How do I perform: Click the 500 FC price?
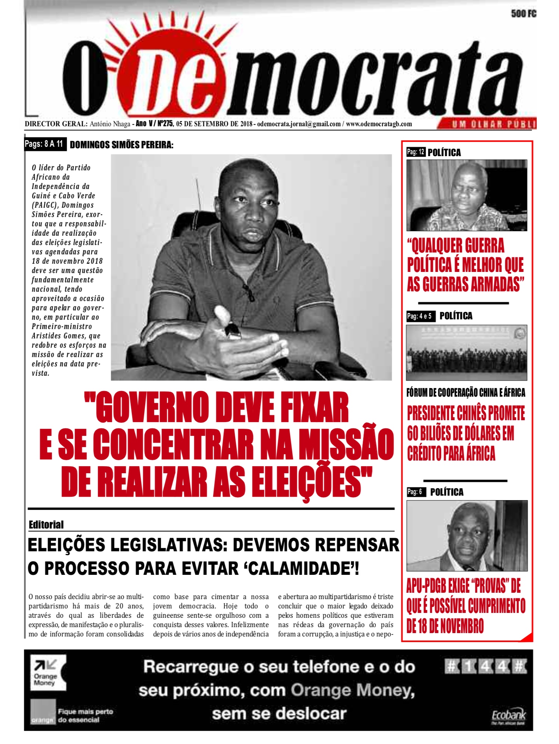[x=524, y=14]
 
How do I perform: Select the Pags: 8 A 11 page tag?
[x=44, y=144]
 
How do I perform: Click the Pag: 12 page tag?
[x=416, y=152]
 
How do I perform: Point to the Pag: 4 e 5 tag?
[x=419, y=316]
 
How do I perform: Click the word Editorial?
[x=46, y=525]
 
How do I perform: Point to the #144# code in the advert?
[x=486, y=667]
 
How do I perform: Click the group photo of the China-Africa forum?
[x=466, y=353]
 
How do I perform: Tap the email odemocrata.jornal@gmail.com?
[x=299, y=124]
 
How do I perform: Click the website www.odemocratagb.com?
[x=379, y=124]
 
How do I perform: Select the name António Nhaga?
[x=110, y=124]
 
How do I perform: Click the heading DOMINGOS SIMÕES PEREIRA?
[x=122, y=145]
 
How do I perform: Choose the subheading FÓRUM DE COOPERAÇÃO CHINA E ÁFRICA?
[x=466, y=393]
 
